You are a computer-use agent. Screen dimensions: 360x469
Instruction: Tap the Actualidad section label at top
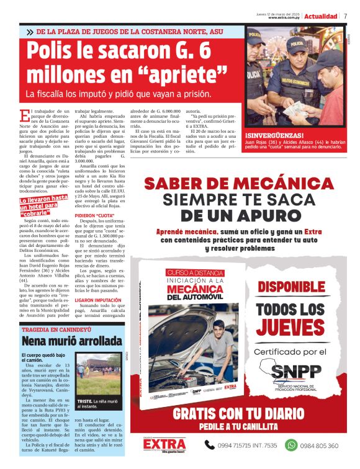320,16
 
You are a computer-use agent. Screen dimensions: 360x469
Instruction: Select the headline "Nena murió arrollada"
72,341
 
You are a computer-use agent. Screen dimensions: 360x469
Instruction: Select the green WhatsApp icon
291,445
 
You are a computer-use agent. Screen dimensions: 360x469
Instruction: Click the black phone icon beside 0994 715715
210,445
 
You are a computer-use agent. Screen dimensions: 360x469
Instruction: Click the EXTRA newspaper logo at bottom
164,444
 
